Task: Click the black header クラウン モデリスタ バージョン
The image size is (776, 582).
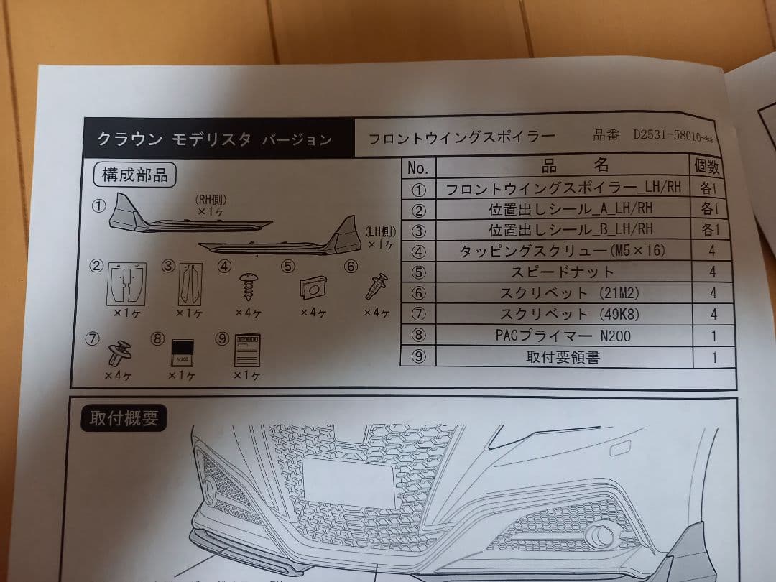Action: [x=216, y=139]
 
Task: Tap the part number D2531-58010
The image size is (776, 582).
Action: [x=675, y=135]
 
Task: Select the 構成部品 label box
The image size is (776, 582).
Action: [x=134, y=175]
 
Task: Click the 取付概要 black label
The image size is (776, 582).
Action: [x=124, y=417]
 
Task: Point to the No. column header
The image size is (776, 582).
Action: [x=417, y=168]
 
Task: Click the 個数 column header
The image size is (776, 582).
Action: [x=707, y=167]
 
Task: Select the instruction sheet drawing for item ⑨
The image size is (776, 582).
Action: [x=246, y=350]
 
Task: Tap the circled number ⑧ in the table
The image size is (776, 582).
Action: [x=420, y=336]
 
